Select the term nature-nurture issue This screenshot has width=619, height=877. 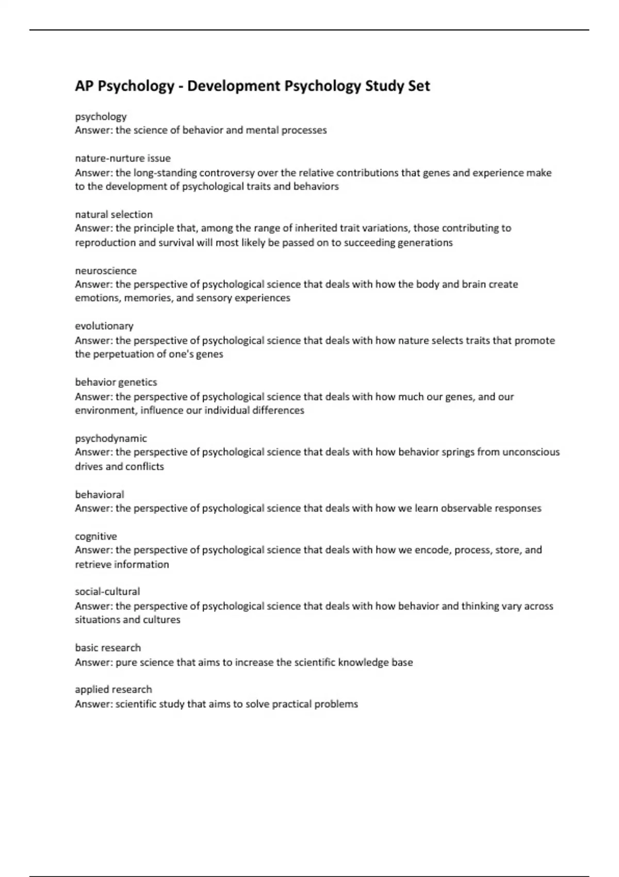coord(123,158)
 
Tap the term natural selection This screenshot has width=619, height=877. coord(113,215)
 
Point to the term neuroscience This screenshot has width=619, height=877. coord(106,271)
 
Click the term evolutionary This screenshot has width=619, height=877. coord(104,326)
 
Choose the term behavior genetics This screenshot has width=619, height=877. coord(116,382)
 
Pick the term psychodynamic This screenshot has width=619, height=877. coord(111,438)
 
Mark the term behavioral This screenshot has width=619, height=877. coord(100,495)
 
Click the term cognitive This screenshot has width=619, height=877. coord(96,537)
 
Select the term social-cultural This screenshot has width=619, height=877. coord(107,592)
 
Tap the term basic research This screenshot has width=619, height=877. coord(108,648)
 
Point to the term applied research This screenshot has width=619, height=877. coord(113,690)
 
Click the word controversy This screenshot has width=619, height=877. coord(226,173)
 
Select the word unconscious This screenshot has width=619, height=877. coord(531,452)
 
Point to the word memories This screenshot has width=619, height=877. coord(148,298)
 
